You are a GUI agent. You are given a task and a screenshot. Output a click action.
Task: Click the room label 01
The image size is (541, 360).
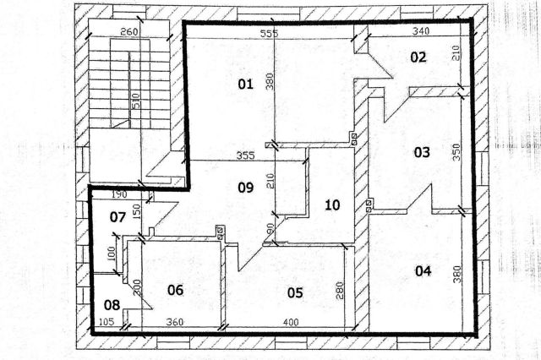tap(246, 85)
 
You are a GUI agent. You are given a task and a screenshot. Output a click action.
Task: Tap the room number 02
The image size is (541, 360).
tap(418, 57)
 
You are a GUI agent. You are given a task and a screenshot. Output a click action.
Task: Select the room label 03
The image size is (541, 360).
tap(422, 152)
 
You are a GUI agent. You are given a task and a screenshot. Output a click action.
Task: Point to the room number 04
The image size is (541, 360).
tap(423, 271)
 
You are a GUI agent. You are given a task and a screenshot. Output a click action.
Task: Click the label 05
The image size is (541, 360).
tap(295, 292)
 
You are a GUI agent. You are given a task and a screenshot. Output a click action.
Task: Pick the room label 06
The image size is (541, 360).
tap(175, 290)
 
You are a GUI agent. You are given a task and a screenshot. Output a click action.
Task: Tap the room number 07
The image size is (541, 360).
tap(117, 217)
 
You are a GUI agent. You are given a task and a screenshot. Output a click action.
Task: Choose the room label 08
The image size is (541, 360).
tap(112, 305)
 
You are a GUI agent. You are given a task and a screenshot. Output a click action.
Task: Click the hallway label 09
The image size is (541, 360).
tap(246, 188)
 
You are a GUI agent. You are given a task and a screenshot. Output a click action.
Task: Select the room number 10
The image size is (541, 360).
tap(332, 205)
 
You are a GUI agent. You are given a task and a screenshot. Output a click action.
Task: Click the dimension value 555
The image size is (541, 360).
tap(269, 34)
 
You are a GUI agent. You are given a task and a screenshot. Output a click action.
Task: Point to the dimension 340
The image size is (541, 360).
tap(421, 31)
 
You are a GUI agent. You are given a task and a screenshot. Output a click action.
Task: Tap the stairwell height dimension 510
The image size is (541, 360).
tap(136, 101)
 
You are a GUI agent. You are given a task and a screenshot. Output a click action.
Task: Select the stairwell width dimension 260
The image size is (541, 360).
tap(129, 32)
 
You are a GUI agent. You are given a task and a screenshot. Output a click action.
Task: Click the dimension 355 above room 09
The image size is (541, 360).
tap(246, 155)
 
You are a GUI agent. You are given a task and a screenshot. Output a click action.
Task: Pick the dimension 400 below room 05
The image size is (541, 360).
tap(291, 323)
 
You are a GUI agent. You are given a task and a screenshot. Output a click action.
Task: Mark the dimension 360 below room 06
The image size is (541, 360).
tap(175, 322)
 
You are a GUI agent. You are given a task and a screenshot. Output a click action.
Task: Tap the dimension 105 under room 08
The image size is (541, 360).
tap(107, 322)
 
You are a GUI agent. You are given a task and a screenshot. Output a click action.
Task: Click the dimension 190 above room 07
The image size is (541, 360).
tap(119, 194)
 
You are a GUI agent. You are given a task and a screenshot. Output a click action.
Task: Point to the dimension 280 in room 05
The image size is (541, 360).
tap(340, 291)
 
